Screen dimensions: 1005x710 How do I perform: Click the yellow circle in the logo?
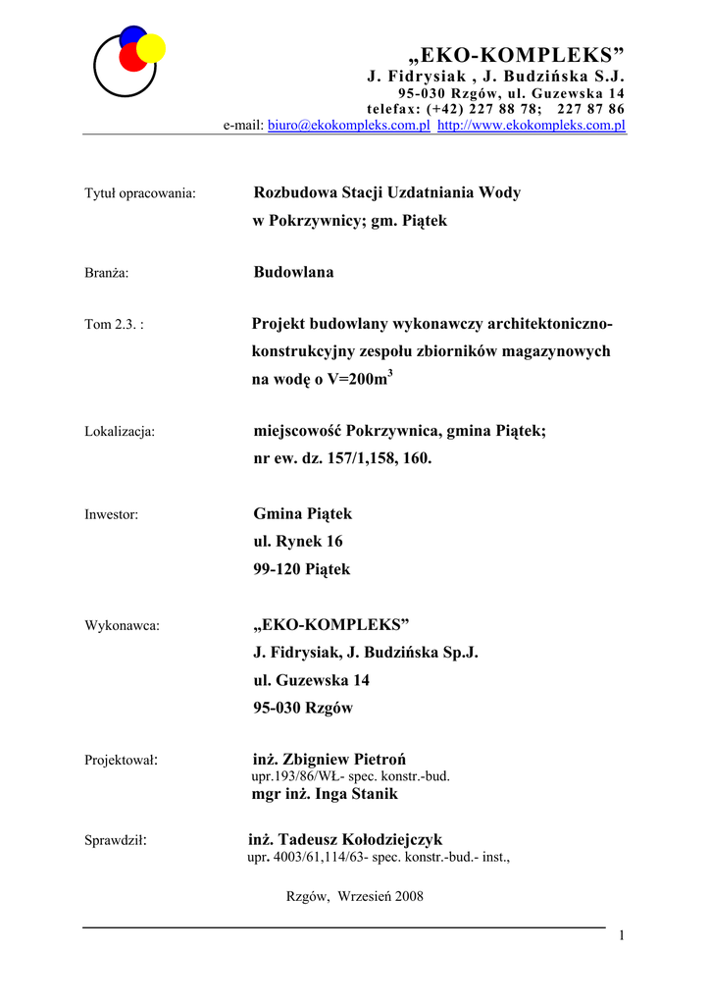(x=152, y=47)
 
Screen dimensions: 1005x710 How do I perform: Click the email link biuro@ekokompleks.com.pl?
(x=349, y=127)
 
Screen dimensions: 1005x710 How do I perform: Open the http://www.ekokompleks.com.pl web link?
(x=531, y=127)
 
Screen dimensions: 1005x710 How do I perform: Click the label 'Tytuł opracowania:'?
(x=141, y=193)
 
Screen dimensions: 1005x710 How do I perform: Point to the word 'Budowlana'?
(x=293, y=272)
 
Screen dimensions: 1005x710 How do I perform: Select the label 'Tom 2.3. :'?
(x=115, y=325)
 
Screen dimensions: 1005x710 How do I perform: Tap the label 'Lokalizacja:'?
(x=121, y=431)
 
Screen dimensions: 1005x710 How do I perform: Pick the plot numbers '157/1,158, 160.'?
(x=376, y=458)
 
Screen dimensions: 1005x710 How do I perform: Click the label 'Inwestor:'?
(x=112, y=514)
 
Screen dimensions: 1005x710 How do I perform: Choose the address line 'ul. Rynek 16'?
(x=298, y=541)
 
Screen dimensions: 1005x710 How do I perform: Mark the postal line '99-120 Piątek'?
(x=301, y=569)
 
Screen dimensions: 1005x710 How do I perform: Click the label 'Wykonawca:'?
(x=123, y=625)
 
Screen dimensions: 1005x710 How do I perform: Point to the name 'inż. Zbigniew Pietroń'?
(x=330, y=759)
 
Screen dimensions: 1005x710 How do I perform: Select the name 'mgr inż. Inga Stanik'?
(x=325, y=794)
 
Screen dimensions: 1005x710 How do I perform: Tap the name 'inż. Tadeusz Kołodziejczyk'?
(x=345, y=839)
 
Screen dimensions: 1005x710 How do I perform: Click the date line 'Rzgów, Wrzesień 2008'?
(x=354, y=896)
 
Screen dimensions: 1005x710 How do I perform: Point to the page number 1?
(x=622, y=935)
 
